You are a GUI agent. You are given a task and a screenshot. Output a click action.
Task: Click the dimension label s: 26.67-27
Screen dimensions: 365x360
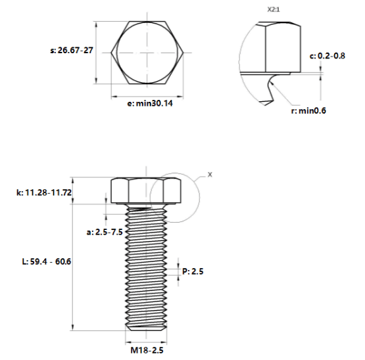(x=72, y=50)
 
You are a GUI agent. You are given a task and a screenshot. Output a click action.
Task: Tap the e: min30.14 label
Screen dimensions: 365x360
(x=150, y=103)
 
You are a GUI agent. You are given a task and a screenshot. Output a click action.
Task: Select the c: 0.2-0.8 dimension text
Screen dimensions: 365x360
(x=328, y=56)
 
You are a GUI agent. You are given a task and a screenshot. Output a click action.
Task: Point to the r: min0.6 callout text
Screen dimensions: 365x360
(x=308, y=111)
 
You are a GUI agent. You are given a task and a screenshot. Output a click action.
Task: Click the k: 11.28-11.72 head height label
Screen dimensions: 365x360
(x=44, y=192)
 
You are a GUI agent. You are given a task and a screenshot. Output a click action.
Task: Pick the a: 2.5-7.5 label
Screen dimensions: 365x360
(x=105, y=232)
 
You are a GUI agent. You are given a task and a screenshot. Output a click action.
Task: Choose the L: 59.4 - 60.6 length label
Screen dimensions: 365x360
(x=47, y=261)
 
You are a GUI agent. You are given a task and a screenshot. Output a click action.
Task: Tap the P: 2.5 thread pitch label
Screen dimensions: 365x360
(x=193, y=271)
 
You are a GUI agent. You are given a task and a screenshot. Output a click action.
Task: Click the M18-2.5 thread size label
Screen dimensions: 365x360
(x=147, y=350)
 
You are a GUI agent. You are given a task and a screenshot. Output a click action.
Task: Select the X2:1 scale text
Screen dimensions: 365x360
(x=274, y=10)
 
